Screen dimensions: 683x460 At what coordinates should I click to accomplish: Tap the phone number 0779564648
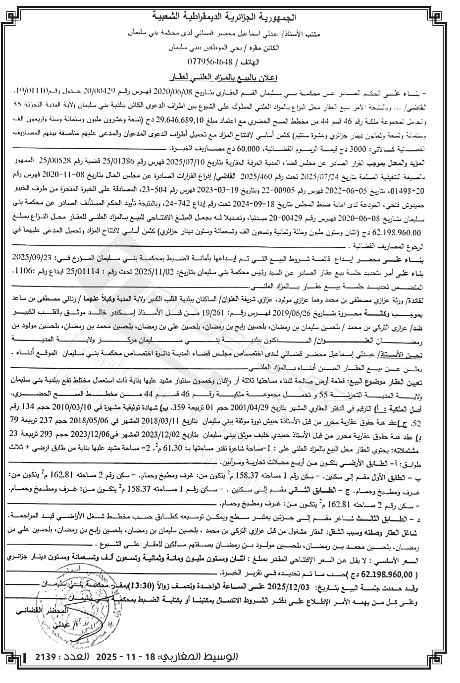208,61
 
